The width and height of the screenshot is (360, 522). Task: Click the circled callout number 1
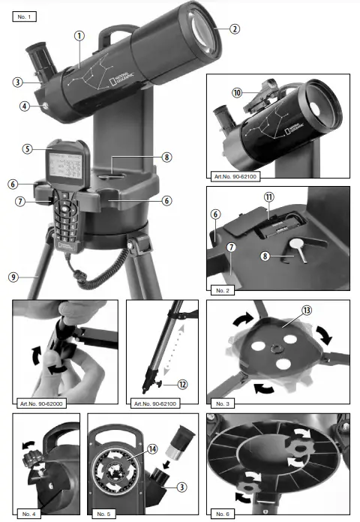click(79, 35)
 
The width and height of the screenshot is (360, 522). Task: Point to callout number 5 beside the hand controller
click(27, 148)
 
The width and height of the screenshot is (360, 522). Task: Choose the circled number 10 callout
click(236, 93)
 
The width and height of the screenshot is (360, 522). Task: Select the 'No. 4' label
click(30, 514)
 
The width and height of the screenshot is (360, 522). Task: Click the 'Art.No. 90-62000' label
click(42, 403)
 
